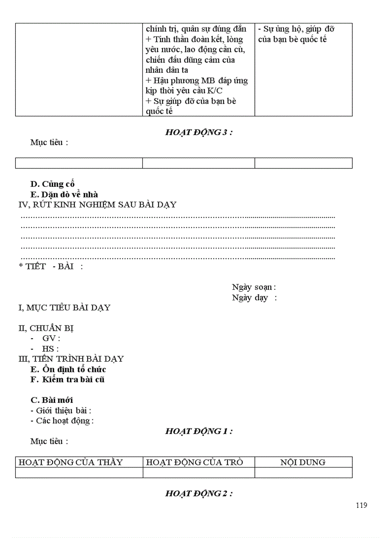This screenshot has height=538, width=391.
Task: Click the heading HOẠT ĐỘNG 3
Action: click(x=199, y=133)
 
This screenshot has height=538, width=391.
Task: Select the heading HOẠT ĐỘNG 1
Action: click(x=199, y=431)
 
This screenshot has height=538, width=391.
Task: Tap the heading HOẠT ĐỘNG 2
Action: click(x=199, y=493)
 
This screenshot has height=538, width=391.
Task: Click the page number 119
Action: click(x=362, y=505)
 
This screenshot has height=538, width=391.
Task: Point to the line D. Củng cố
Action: click(x=52, y=184)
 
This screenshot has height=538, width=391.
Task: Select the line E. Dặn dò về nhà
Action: click(x=64, y=195)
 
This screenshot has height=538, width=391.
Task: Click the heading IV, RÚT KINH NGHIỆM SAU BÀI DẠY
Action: click(x=97, y=205)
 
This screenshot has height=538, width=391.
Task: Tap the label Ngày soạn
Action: click(x=253, y=287)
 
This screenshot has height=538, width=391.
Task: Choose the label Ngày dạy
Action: click(x=254, y=298)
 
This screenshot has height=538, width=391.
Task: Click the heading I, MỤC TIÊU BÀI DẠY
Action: click(x=64, y=308)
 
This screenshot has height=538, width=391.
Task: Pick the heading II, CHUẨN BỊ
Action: click(x=46, y=329)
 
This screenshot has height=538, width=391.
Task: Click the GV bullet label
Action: click(x=51, y=339)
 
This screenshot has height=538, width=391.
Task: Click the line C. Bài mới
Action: click(x=52, y=400)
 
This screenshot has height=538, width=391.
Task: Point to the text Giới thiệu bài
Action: click(x=63, y=411)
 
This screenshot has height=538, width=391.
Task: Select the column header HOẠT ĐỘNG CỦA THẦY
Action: click(x=70, y=462)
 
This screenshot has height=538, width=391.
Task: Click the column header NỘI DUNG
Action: click(x=303, y=462)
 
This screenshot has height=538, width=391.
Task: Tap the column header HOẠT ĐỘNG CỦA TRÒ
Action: click(x=194, y=462)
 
